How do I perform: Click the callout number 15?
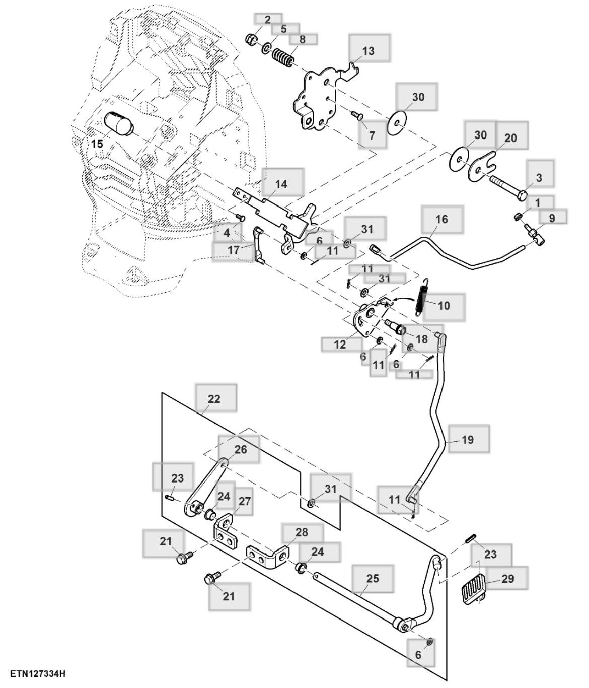click(97, 144)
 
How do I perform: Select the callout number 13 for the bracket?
click(369, 51)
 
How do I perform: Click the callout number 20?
click(510, 138)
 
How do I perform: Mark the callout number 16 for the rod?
click(441, 219)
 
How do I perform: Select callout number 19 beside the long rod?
click(467, 440)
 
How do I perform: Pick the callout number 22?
click(214, 399)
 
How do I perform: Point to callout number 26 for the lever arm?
click(241, 449)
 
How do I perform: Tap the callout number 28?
click(302, 533)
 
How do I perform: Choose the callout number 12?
click(340, 345)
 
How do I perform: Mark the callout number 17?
click(234, 249)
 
